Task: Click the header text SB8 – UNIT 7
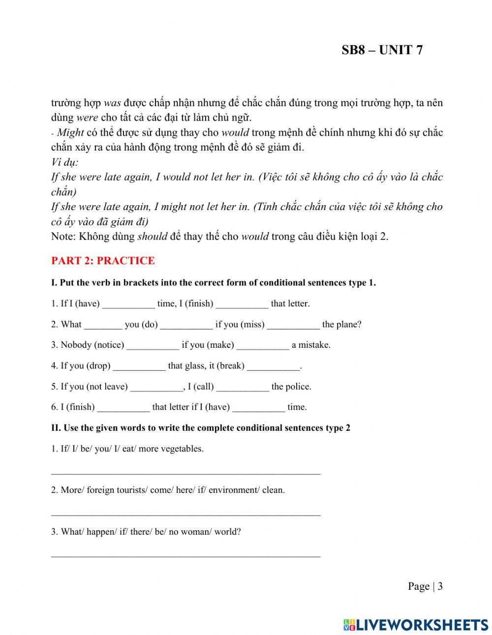click(x=382, y=50)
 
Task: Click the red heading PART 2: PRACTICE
click(x=103, y=261)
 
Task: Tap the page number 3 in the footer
click(x=440, y=586)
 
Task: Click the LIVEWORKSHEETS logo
click(x=416, y=625)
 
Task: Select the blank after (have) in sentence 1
click(x=128, y=304)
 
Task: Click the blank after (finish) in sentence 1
click(x=242, y=304)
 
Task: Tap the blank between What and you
click(x=103, y=325)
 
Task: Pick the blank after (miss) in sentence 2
click(x=293, y=325)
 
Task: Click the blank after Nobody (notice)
click(x=153, y=346)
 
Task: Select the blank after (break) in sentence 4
click(x=273, y=366)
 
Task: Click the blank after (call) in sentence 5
click(x=243, y=387)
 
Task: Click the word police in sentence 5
click(x=299, y=387)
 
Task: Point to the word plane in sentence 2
click(x=349, y=325)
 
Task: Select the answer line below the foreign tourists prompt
click(x=185, y=514)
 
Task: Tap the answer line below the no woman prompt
click(x=185, y=556)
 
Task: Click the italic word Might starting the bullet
click(x=70, y=132)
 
